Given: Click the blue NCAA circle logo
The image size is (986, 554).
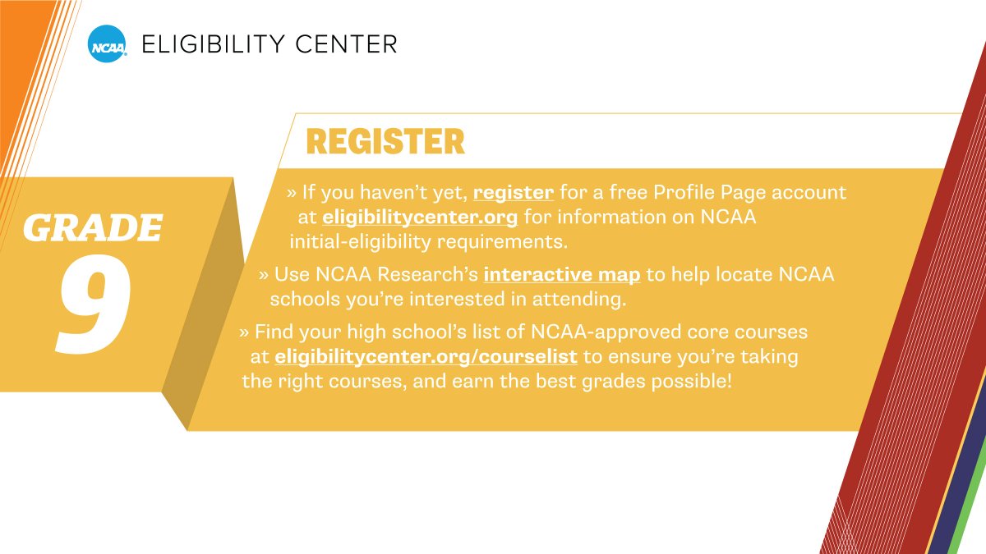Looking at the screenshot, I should coord(108,43).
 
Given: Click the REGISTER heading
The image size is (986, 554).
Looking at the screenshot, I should coord(385,142).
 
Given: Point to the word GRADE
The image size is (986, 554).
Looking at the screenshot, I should coord(92,228).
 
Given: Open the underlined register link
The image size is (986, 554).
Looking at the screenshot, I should coord(514,193).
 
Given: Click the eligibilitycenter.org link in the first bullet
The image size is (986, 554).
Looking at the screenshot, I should coord(420,217).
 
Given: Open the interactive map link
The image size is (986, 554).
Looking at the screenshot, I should coord(562,274).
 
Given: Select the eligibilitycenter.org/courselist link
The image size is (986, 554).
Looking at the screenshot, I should coord(426,357).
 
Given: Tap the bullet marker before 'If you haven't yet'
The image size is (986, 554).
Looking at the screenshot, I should coord(291,193).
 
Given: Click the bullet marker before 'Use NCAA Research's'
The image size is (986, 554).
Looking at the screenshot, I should coord(263,274).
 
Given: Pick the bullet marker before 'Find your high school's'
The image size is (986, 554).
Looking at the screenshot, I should coord(243,332).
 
